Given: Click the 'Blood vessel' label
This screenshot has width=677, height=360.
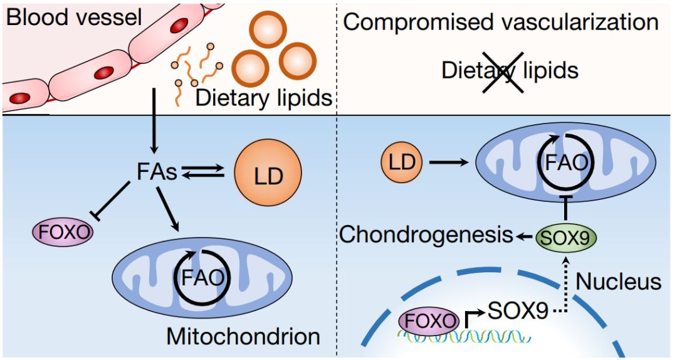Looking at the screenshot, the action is [x=74, y=18].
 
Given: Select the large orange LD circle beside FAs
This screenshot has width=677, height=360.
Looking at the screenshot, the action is [x=268, y=172].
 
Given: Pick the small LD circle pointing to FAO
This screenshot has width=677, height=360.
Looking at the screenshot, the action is [x=402, y=162].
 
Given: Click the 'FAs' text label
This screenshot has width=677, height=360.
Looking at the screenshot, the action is [x=157, y=172].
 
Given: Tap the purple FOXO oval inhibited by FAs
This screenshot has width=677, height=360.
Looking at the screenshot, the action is [x=63, y=233].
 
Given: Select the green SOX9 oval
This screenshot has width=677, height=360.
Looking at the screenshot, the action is [x=565, y=237].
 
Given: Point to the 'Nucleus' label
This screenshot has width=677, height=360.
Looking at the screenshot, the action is [x=618, y=282].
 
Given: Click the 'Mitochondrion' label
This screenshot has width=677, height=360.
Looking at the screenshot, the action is [x=243, y=337].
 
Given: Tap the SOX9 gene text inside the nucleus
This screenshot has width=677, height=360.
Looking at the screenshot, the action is [x=518, y=310].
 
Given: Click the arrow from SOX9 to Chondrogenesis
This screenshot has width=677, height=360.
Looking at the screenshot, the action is [x=525, y=236].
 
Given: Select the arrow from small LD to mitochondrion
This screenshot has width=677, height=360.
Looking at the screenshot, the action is [x=449, y=162].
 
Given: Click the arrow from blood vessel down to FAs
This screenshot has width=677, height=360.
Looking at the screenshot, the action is [x=154, y=122].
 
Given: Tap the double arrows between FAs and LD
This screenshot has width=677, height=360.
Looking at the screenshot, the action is [x=203, y=172].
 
